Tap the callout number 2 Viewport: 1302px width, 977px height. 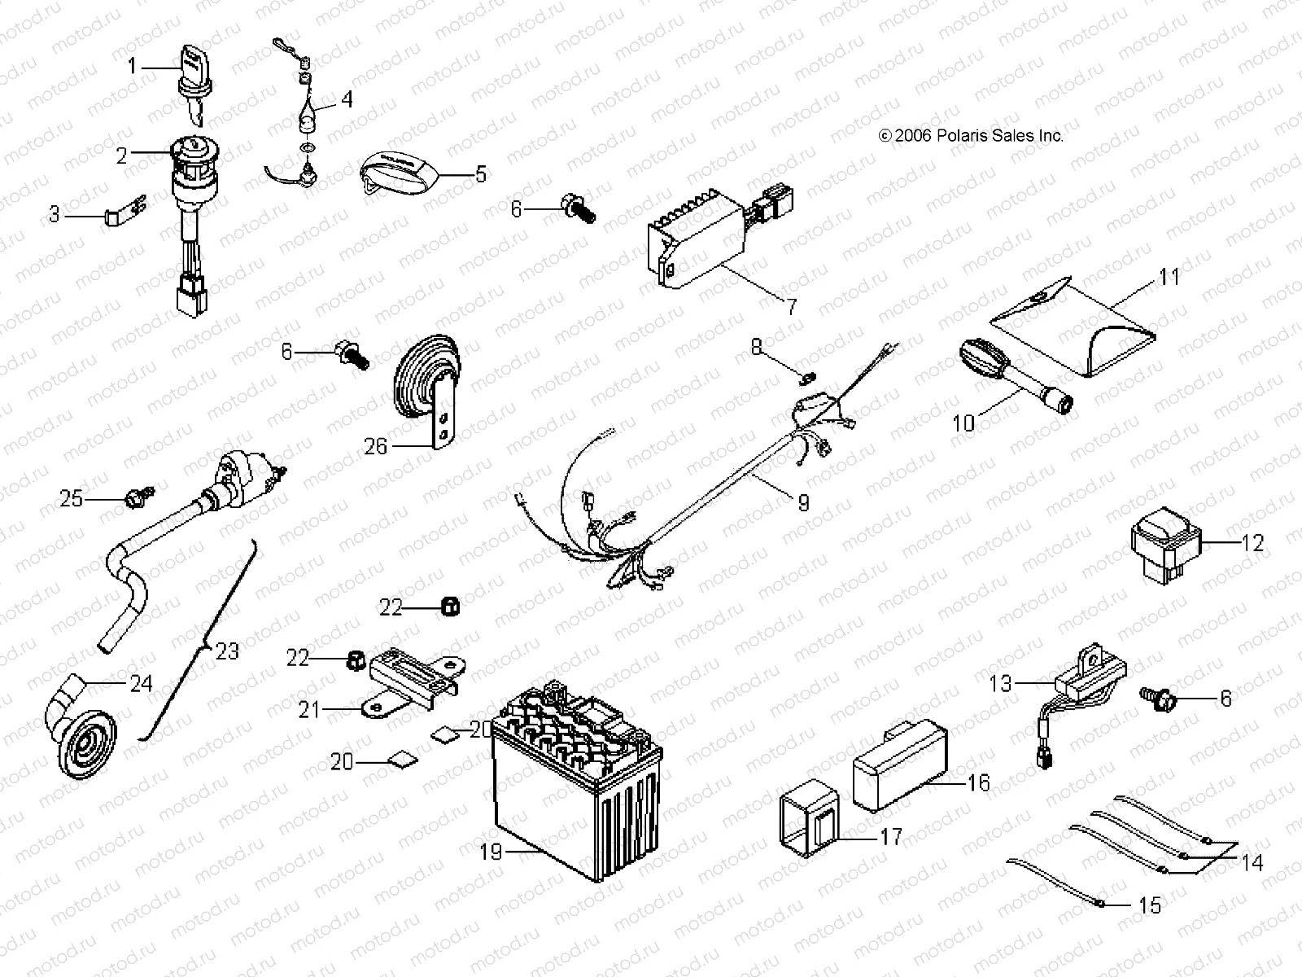[x=122, y=156]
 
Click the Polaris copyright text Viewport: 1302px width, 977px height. [x=970, y=136]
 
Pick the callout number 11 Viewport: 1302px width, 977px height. [x=1169, y=277]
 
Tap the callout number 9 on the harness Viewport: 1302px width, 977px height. [x=803, y=502]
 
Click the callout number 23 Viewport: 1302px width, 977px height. [x=228, y=651]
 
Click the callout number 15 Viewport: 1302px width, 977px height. [x=1150, y=905]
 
